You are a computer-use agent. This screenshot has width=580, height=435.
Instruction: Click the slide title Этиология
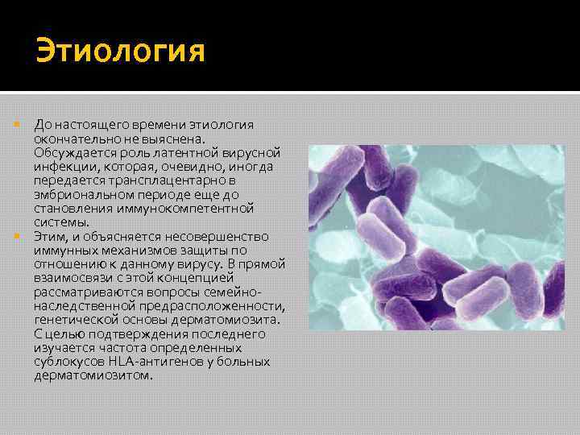point(120,52)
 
